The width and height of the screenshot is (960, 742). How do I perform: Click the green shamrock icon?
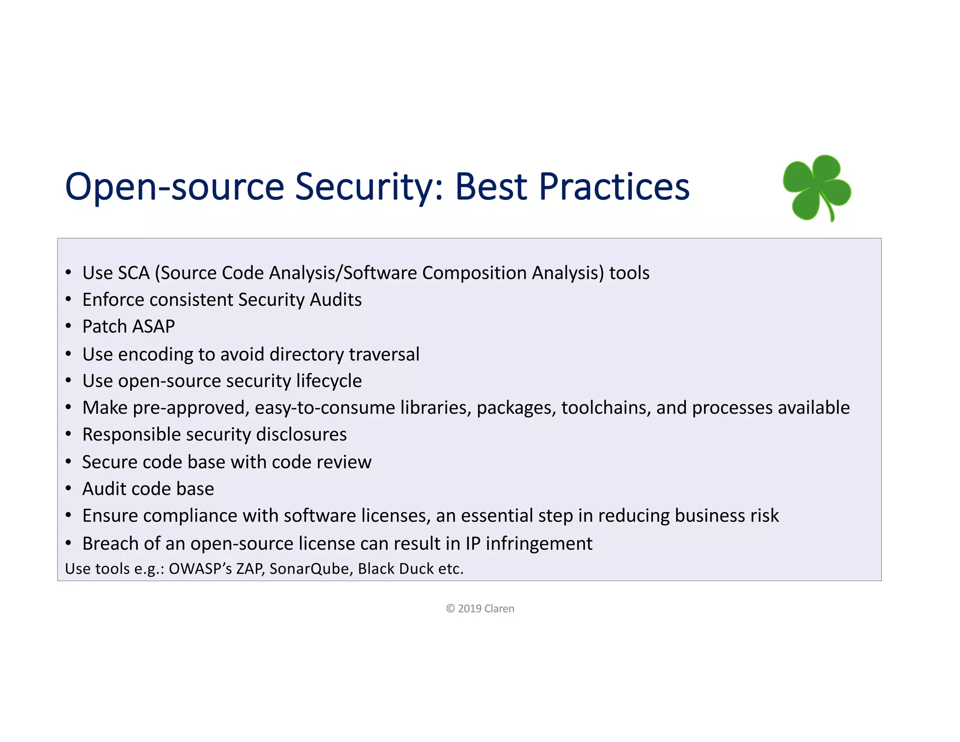click(817, 188)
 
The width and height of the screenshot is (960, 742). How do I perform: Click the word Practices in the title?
click(614, 187)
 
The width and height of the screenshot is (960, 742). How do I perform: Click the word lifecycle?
click(329, 381)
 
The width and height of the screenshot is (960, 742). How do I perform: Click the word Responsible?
click(132, 434)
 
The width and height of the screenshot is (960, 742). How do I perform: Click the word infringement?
click(539, 543)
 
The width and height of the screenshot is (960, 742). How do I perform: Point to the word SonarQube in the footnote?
click(310, 568)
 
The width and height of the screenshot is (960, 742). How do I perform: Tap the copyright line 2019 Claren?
click(480, 608)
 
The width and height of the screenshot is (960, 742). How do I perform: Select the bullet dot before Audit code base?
click(68, 489)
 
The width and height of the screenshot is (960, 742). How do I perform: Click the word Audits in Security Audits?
click(336, 300)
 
